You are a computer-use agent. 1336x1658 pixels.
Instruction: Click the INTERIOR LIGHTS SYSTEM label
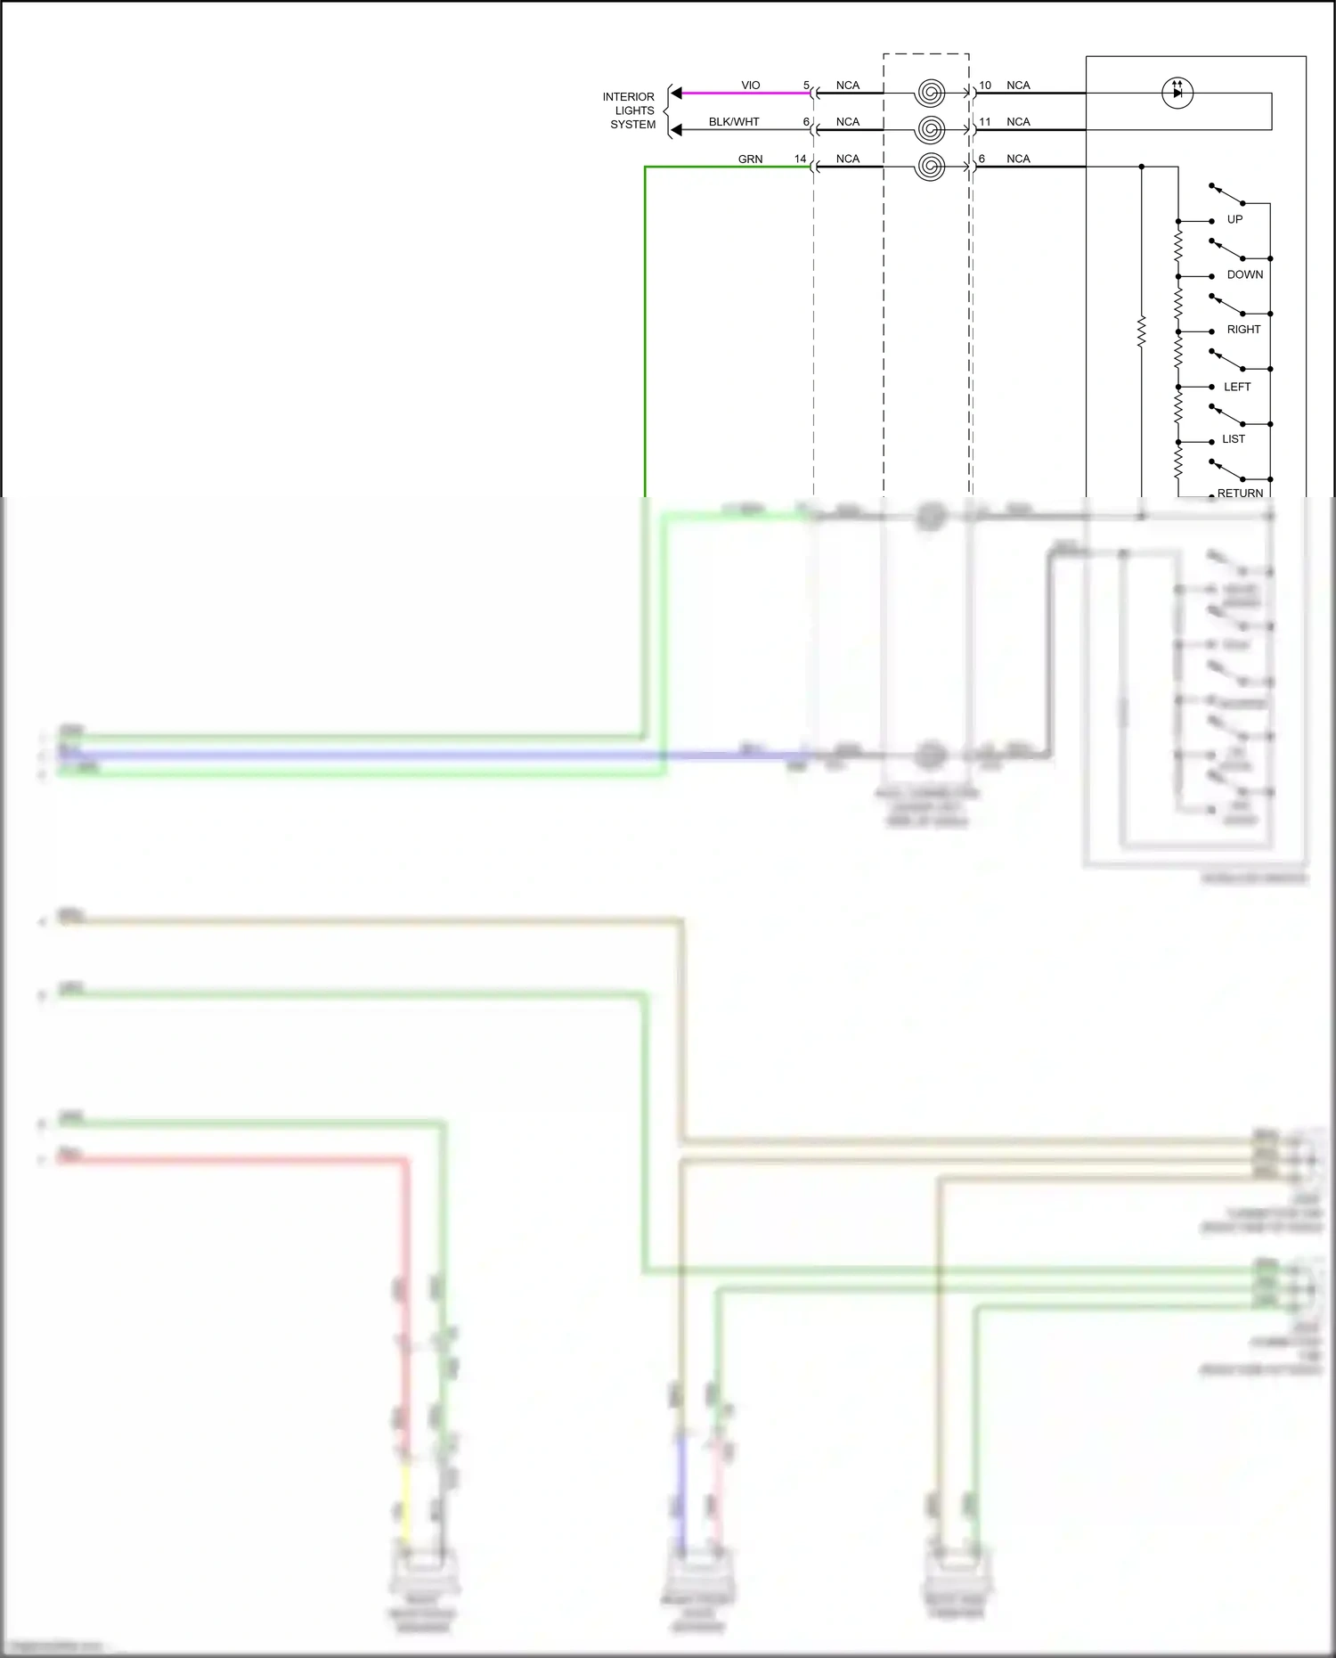click(630, 110)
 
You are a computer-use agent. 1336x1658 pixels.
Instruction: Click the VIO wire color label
click(751, 86)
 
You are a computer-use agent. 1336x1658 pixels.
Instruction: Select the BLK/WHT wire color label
click(734, 122)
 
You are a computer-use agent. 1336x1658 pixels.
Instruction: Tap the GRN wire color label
click(750, 159)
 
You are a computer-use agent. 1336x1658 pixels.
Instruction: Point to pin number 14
click(800, 159)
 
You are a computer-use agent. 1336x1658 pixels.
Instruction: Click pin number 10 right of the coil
click(985, 86)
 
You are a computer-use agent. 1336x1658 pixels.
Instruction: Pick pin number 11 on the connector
click(985, 122)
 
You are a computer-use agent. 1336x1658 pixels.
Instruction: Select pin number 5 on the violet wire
click(806, 86)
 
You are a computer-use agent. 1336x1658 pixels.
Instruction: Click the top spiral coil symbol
click(930, 93)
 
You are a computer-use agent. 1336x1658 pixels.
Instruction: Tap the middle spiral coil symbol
click(930, 130)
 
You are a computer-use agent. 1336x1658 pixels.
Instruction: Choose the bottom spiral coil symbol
click(930, 167)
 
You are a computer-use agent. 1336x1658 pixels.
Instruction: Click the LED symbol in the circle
click(1177, 93)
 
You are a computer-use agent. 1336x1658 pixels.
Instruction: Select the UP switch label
click(1234, 219)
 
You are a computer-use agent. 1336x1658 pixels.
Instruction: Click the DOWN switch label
click(1244, 274)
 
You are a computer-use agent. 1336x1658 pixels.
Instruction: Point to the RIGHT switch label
click(1243, 330)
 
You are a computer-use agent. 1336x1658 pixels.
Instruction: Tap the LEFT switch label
click(1237, 387)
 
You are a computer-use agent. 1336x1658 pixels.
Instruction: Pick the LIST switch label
click(1234, 439)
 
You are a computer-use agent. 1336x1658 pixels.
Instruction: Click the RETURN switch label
click(1240, 493)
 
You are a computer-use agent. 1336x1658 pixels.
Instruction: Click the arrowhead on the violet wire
click(676, 93)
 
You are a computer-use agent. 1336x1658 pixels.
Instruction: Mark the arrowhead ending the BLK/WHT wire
click(676, 130)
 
